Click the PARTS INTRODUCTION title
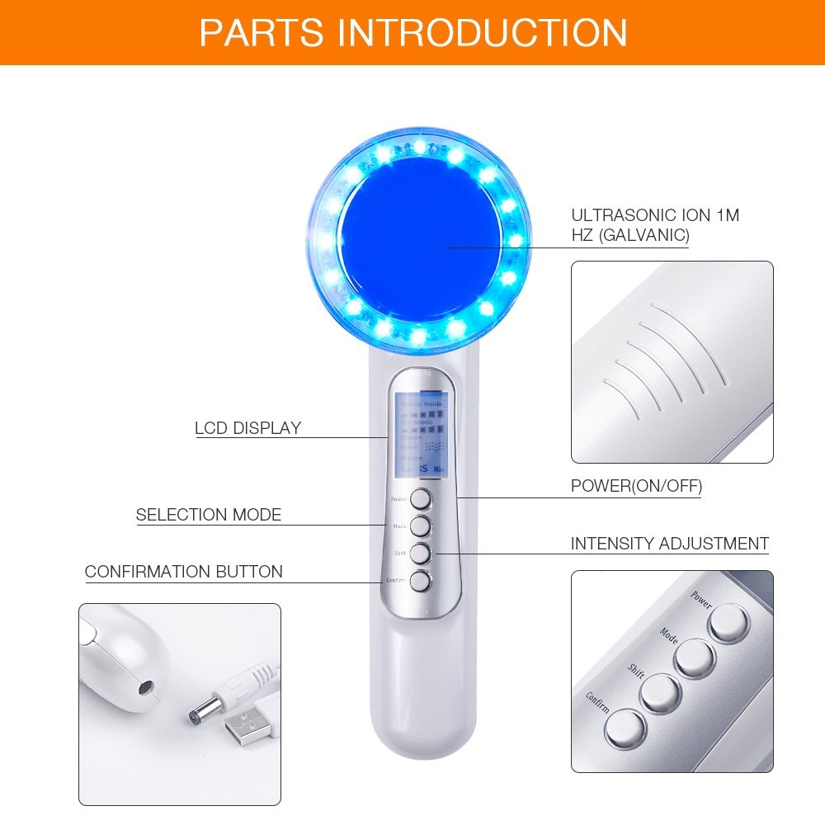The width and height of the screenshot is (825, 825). [x=412, y=32]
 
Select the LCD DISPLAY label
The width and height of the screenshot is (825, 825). [x=247, y=428]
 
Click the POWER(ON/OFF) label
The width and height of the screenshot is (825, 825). [x=636, y=486]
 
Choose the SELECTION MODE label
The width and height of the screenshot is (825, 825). [x=209, y=515]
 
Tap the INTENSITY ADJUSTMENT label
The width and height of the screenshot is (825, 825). [x=669, y=544]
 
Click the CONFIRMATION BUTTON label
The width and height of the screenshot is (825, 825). [x=183, y=572]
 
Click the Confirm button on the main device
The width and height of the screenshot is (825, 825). [x=421, y=581]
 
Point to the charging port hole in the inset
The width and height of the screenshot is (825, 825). [x=146, y=686]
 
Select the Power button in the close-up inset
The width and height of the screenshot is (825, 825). [x=728, y=622]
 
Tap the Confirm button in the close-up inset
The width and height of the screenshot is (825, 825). [x=625, y=728]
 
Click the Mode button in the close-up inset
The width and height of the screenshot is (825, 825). [x=694, y=658]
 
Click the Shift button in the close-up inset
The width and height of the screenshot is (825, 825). [x=659, y=693]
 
